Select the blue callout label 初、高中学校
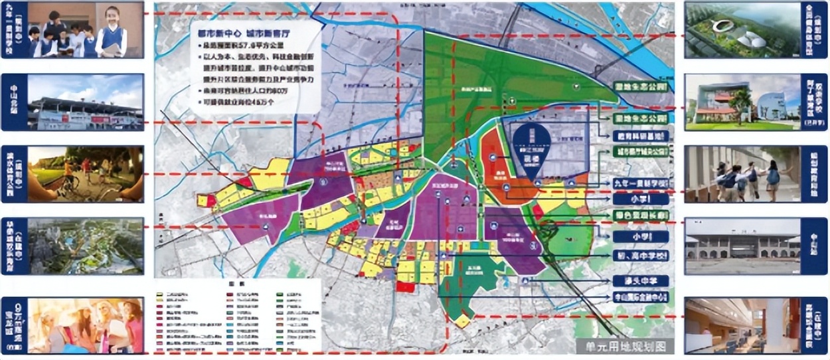point(640,256)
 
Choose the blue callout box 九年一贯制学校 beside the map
point(640,183)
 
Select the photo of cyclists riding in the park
point(86,174)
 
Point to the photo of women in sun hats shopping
point(86,325)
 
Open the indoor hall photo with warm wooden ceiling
point(742,325)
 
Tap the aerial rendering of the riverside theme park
point(86,246)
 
